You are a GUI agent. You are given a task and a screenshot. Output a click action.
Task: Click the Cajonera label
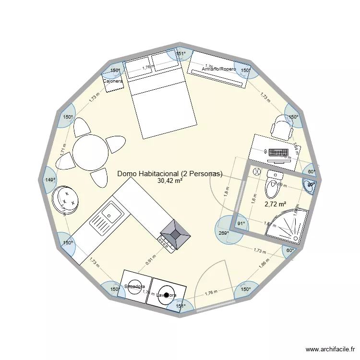(x=113, y=81)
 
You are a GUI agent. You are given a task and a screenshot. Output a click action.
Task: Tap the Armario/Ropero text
(x=219, y=69)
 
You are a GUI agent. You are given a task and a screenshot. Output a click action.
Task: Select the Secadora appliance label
(x=134, y=287)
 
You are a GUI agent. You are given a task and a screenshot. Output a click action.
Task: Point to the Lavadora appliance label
(x=167, y=295)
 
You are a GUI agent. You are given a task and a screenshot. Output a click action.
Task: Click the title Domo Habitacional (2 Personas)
(x=170, y=173)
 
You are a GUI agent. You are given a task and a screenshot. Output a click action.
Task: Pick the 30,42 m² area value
(x=170, y=181)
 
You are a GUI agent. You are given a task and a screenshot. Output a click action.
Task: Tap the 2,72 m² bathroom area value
(x=275, y=204)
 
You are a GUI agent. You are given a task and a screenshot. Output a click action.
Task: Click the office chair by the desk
(x=280, y=127)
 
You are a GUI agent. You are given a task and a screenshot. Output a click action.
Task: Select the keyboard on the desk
(x=277, y=153)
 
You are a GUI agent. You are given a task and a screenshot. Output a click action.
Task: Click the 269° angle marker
(x=224, y=233)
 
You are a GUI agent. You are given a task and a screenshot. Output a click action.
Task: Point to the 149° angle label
(x=50, y=180)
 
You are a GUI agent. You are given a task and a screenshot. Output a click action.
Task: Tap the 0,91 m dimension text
(x=151, y=260)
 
